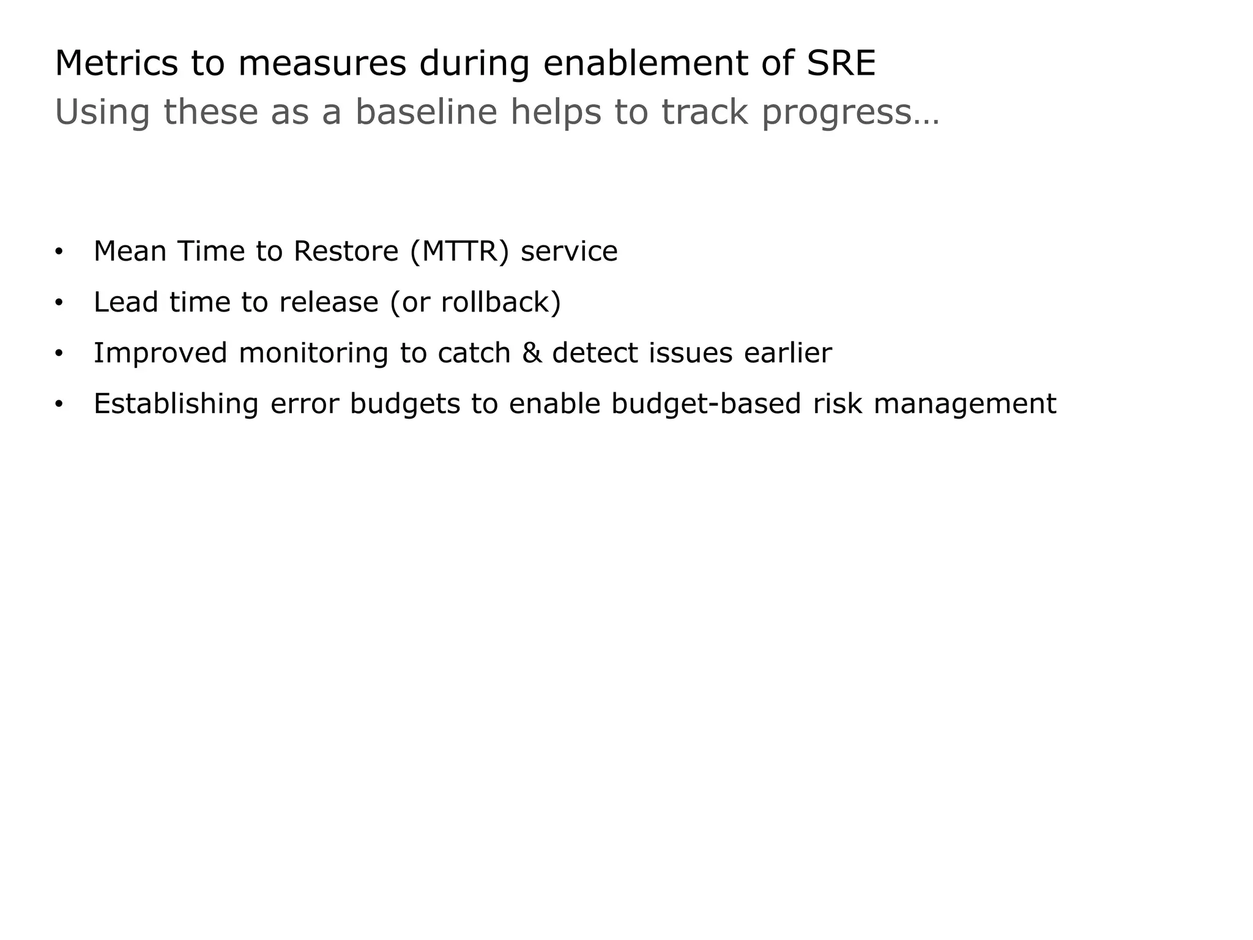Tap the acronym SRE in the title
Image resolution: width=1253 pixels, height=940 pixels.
click(x=841, y=63)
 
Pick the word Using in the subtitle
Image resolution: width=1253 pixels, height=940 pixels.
click(x=102, y=113)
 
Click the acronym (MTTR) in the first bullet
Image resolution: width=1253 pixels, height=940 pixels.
click(x=459, y=251)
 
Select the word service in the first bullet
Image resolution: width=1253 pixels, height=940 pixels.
click(x=569, y=251)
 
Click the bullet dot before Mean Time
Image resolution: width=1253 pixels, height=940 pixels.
click(x=59, y=252)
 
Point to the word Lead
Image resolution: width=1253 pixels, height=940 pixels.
click(x=126, y=302)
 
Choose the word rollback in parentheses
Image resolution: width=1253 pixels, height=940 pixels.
click(x=495, y=302)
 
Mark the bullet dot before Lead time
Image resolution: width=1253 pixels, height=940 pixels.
click(x=59, y=303)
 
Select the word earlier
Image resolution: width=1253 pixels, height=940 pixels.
click(x=788, y=353)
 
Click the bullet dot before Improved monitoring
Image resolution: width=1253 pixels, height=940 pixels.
click(x=59, y=354)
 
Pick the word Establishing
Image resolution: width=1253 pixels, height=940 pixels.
click(x=176, y=404)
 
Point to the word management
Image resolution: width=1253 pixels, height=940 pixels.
click(x=965, y=404)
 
